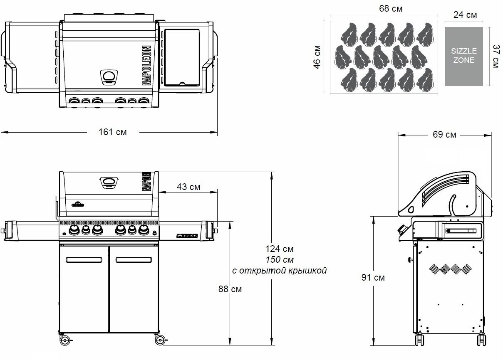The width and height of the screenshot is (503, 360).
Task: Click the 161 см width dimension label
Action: coord(112,132)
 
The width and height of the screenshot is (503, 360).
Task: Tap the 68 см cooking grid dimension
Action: coord(391,8)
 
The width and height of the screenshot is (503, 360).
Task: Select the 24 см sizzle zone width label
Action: coord(465,15)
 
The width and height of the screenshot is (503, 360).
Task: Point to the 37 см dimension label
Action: coord(495,57)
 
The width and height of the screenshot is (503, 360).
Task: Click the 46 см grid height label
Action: coord(317,57)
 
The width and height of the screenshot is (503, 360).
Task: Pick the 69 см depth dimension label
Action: coord(444,135)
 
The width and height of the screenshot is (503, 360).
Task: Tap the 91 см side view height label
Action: coord(373,277)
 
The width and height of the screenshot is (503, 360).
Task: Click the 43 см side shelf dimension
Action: coord(188,187)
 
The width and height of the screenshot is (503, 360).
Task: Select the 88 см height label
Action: coord(230,289)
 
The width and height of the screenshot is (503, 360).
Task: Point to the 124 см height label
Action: coord(279,249)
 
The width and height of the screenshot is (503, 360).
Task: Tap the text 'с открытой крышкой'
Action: coord(279,271)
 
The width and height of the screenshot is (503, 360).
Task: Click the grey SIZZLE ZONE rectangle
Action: coord(463,57)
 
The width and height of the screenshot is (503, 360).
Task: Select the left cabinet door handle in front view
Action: coord(84,260)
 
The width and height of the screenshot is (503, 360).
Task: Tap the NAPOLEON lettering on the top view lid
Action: coord(146,65)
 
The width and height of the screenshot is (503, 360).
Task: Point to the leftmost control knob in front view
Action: coord(74,230)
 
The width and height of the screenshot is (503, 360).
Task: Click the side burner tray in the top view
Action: coord(181,57)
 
